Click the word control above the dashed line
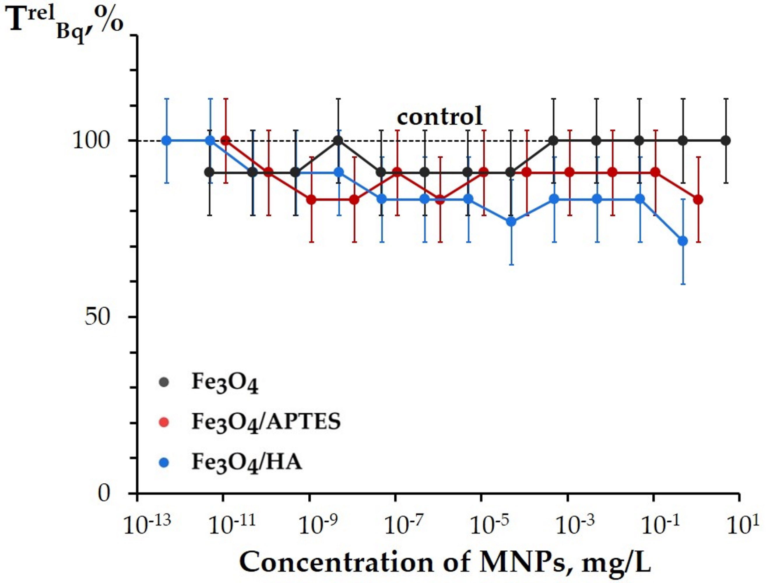coord(440,116)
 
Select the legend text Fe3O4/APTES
coord(266,421)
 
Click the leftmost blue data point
coord(167,141)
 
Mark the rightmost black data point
coord(726,141)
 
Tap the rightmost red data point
coord(698,200)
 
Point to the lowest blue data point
coord(683,241)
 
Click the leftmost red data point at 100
coord(226,141)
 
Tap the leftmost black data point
coord(210,172)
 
